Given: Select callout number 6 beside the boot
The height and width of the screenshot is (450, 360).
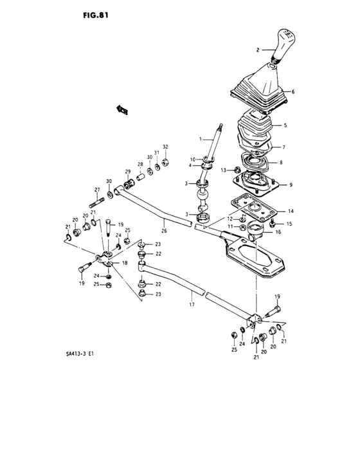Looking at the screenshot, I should [x=292, y=92].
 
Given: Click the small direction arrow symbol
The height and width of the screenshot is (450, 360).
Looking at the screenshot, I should [x=122, y=110].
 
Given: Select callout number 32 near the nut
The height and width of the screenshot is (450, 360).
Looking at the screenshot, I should [x=165, y=147].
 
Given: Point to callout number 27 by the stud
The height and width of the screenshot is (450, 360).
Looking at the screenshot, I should [x=97, y=190].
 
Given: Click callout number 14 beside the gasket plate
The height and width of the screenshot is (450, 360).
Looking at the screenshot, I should [x=291, y=211].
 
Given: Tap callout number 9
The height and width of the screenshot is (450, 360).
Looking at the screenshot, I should [x=291, y=185].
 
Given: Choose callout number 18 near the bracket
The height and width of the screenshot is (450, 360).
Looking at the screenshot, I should [x=125, y=264].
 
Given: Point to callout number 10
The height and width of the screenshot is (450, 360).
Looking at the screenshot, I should [x=192, y=159].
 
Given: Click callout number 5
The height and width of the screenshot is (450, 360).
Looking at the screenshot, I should [x=285, y=125].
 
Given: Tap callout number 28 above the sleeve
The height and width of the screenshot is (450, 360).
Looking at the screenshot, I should [x=139, y=165].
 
